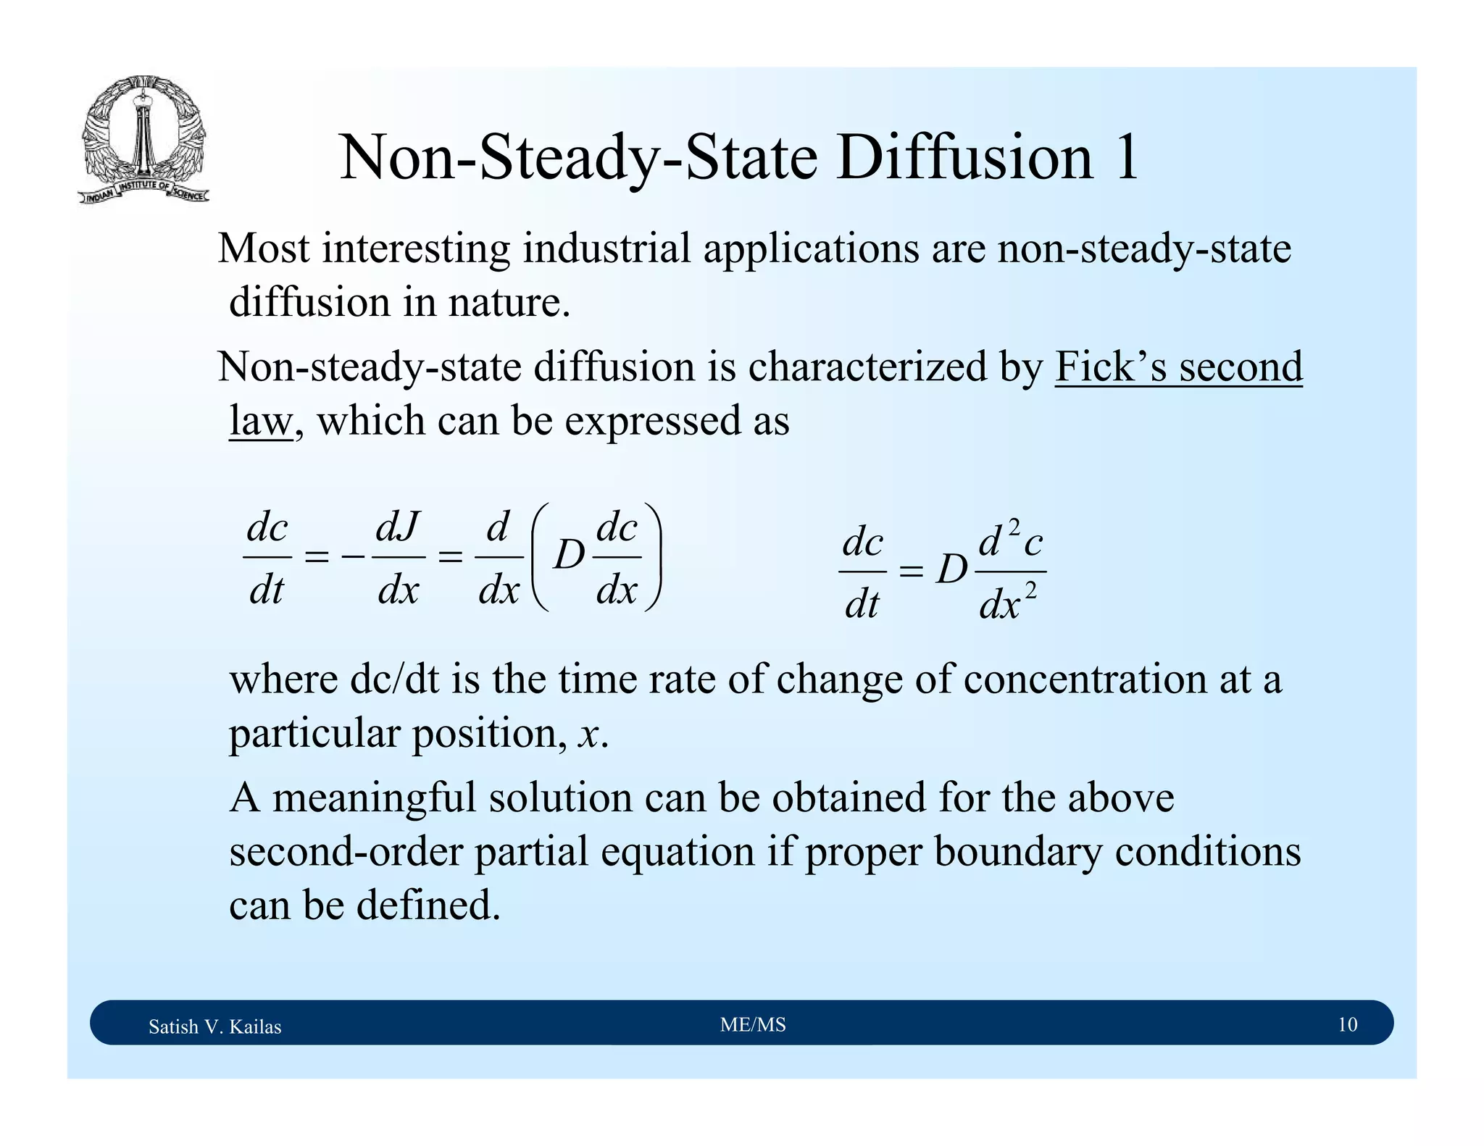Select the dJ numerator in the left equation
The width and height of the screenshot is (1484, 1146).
[398, 527]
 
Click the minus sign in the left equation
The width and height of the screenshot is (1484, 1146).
[353, 557]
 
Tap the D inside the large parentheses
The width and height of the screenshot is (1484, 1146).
[569, 557]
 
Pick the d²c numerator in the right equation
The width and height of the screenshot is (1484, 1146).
[1010, 542]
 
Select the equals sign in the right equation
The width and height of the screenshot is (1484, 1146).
[911, 572]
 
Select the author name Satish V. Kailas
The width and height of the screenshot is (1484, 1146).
[214, 1026]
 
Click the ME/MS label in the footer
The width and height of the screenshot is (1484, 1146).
[753, 1025]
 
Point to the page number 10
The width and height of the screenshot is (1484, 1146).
[1347, 1025]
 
